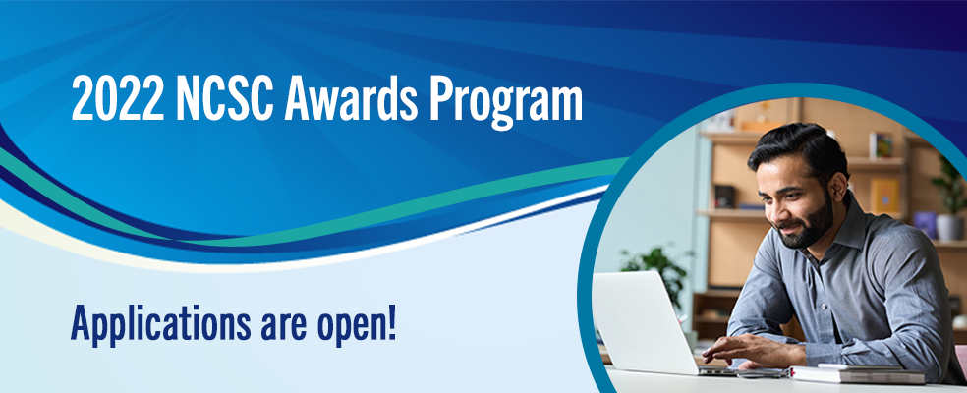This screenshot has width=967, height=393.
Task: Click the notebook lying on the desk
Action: (x=855, y=373)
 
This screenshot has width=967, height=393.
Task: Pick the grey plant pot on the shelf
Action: (x=949, y=227)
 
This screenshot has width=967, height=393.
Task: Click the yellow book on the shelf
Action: (x=884, y=196)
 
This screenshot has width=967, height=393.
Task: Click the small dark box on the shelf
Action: (x=724, y=196)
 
